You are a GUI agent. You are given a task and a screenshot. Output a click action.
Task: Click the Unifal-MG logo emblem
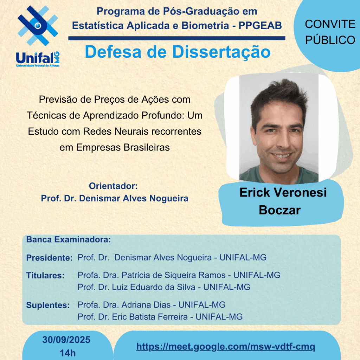38,25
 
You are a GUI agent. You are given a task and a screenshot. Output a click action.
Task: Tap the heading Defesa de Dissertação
178,52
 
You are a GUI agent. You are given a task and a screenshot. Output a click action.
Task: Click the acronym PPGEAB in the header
260,25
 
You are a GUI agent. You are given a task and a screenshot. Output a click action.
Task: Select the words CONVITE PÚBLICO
330,32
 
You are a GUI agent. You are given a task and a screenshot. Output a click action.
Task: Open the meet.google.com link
226,346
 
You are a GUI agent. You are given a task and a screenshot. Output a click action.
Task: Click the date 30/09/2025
66,340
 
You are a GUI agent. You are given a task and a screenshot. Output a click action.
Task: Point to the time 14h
67,353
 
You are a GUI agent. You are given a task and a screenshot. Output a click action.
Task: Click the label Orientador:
113,186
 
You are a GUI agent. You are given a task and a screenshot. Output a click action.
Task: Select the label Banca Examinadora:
69,239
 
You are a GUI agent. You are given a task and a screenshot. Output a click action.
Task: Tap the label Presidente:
49,258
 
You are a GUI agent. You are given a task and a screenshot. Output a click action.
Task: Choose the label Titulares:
45,275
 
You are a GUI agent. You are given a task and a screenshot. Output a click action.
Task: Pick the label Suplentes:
48,305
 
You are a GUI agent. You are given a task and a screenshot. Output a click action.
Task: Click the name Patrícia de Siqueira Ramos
174,275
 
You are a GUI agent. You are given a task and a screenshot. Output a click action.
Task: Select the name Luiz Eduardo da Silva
154,287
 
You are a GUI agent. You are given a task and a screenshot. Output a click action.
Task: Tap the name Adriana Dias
146,305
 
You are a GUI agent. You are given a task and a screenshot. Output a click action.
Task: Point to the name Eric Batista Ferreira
150,317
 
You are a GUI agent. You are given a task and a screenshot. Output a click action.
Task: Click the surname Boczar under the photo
279,210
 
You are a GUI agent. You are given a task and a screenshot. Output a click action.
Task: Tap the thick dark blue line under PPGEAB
177,38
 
